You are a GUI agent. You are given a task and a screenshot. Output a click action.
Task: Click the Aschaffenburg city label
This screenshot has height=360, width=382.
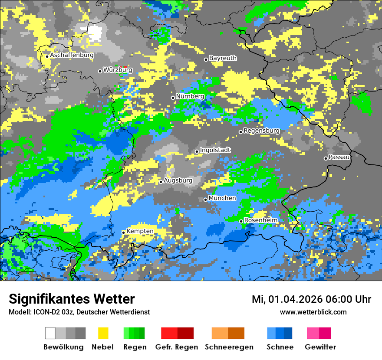(x=72, y=56)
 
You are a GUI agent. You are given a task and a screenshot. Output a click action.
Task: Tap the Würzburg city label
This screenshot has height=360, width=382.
(x=118, y=70)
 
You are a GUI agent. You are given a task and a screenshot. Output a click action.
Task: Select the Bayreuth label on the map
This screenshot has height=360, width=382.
(x=223, y=58)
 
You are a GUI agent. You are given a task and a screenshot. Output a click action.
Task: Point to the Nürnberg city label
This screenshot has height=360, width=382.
(x=190, y=96)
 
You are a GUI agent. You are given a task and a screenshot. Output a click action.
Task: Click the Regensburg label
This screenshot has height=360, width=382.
(x=261, y=131)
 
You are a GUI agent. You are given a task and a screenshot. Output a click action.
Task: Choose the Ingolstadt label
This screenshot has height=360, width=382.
(x=215, y=150)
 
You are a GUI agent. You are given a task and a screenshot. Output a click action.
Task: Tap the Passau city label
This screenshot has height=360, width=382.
(x=339, y=157)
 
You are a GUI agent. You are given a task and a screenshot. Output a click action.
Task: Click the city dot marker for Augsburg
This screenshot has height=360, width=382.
(x=161, y=182)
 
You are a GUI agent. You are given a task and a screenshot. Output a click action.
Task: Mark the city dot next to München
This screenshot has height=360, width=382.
(x=206, y=200)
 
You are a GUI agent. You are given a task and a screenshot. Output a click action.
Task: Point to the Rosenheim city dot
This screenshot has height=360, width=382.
(x=241, y=221)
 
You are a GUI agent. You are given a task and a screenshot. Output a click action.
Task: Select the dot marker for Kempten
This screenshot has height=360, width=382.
(x=124, y=232)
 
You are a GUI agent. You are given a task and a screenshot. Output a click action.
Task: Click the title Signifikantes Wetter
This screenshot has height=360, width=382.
(x=72, y=299)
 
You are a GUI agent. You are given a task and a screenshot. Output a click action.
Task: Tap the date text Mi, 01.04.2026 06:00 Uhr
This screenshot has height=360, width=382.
(x=311, y=299)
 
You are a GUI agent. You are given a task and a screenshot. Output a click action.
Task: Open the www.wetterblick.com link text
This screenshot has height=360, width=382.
(x=313, y=312)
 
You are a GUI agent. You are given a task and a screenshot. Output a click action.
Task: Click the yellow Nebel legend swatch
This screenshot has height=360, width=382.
(x=103, y=333)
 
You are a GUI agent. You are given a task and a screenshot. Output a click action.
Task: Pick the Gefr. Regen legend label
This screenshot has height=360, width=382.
(x=176, y=347)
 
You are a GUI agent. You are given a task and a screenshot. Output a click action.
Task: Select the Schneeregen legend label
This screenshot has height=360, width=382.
(x=229, y=347)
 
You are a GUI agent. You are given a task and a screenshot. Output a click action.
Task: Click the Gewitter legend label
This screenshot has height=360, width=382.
(x=320, y=347)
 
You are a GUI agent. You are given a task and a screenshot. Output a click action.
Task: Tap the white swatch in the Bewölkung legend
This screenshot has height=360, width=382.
(x=50, y=333)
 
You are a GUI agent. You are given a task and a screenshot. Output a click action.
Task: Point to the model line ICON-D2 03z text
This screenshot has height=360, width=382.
(x=79, y=312)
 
